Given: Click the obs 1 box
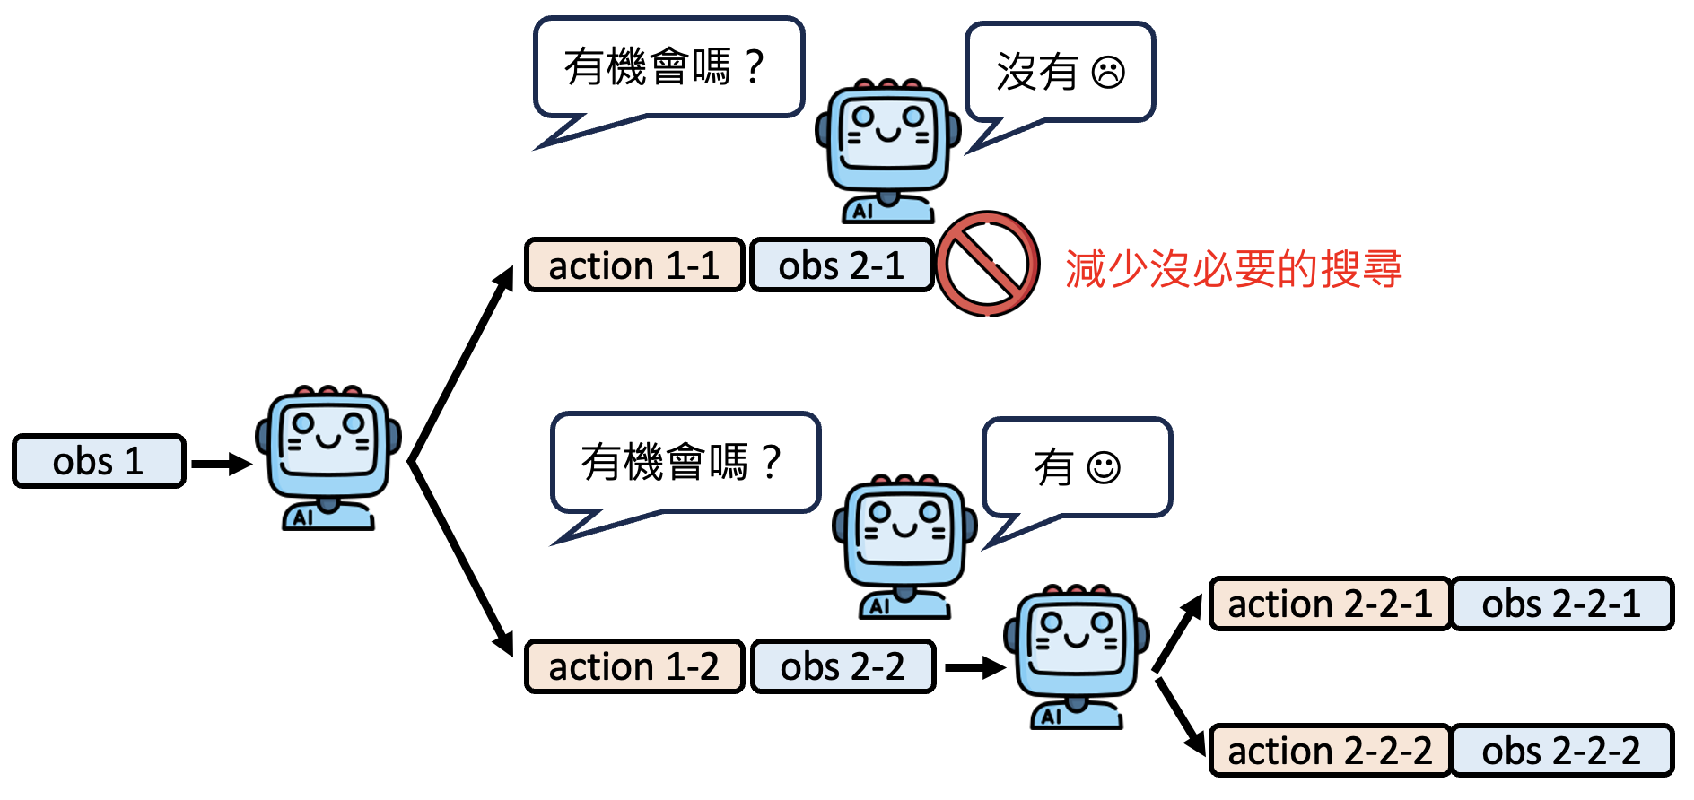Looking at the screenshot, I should point(99,461).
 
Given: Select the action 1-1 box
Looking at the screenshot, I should point(634,265).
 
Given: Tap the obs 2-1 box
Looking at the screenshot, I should point(842,265).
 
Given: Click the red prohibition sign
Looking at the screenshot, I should point(988,264).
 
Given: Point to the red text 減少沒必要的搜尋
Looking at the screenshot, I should point(1233,268).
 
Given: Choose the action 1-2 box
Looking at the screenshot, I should point(634,666).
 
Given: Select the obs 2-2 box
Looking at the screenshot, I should point(843,666).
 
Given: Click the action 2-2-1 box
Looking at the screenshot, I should point(1330,604).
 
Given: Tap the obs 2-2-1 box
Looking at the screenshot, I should point(1561,604).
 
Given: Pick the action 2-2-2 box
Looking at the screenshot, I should point(1330,751).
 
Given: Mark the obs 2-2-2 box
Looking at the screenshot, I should point(1561,751).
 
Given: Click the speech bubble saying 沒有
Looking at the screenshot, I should point(1060,73).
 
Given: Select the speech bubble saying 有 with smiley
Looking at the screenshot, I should point(1077,467).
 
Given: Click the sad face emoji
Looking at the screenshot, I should point(1108,72).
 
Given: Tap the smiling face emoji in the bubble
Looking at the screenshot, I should point(1104,467).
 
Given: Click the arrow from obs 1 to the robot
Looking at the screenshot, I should point(221,464).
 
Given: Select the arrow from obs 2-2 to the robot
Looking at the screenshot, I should point(974,667).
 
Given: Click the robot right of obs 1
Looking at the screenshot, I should point(328,457).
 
